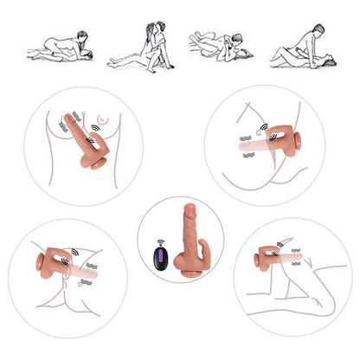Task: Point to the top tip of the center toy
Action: (x=191, y=209)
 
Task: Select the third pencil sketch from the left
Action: (x=220, y=43)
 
